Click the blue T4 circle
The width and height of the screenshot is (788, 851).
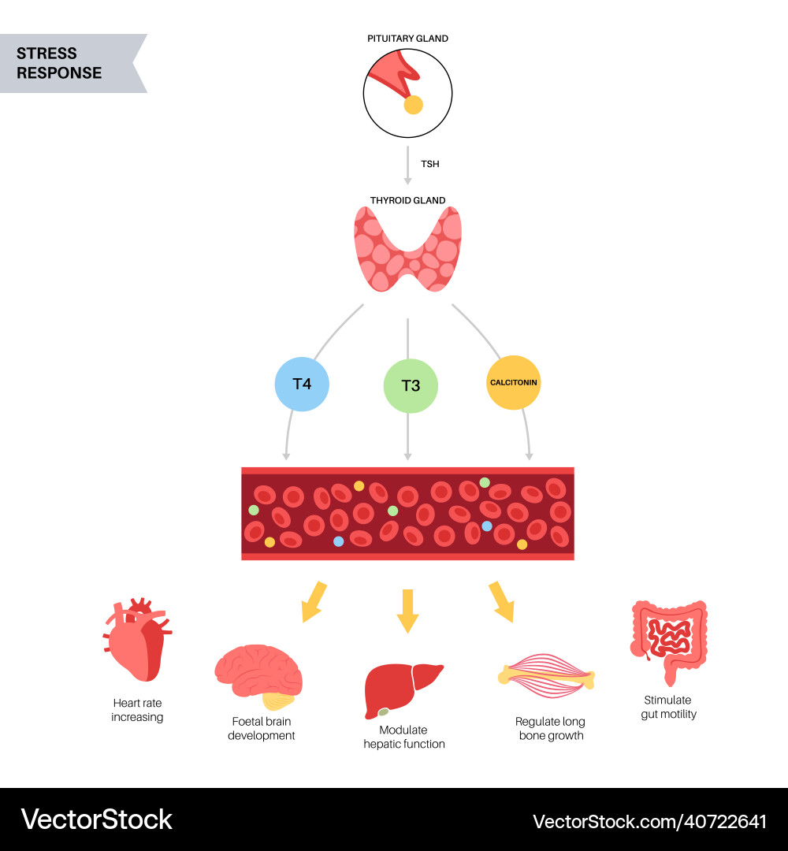click(x=302, y=385)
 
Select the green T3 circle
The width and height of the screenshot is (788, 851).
click(x=411, y=386)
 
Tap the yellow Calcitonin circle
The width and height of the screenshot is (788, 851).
click(x=513, y=382)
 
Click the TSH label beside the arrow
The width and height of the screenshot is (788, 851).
click(x=429, y=164)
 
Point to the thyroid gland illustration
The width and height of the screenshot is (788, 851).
click(x=407, y=248)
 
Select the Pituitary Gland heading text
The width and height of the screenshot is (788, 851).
click(x=407, y=39)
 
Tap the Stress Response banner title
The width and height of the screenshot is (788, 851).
click(x=59, y=63)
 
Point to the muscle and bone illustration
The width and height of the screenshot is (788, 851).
click(x=546, y=675)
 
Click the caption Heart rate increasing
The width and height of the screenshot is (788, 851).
click(x=137, y=710)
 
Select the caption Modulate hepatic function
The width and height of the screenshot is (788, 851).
click(x=404, y=737)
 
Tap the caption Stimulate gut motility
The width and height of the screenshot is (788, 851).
click(x=668, y=707)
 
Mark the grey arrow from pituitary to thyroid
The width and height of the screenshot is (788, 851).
click(x=407, y=165)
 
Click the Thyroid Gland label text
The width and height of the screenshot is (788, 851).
click(x=407, y=200)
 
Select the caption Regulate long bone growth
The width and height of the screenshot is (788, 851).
click(x=550, y=728)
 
